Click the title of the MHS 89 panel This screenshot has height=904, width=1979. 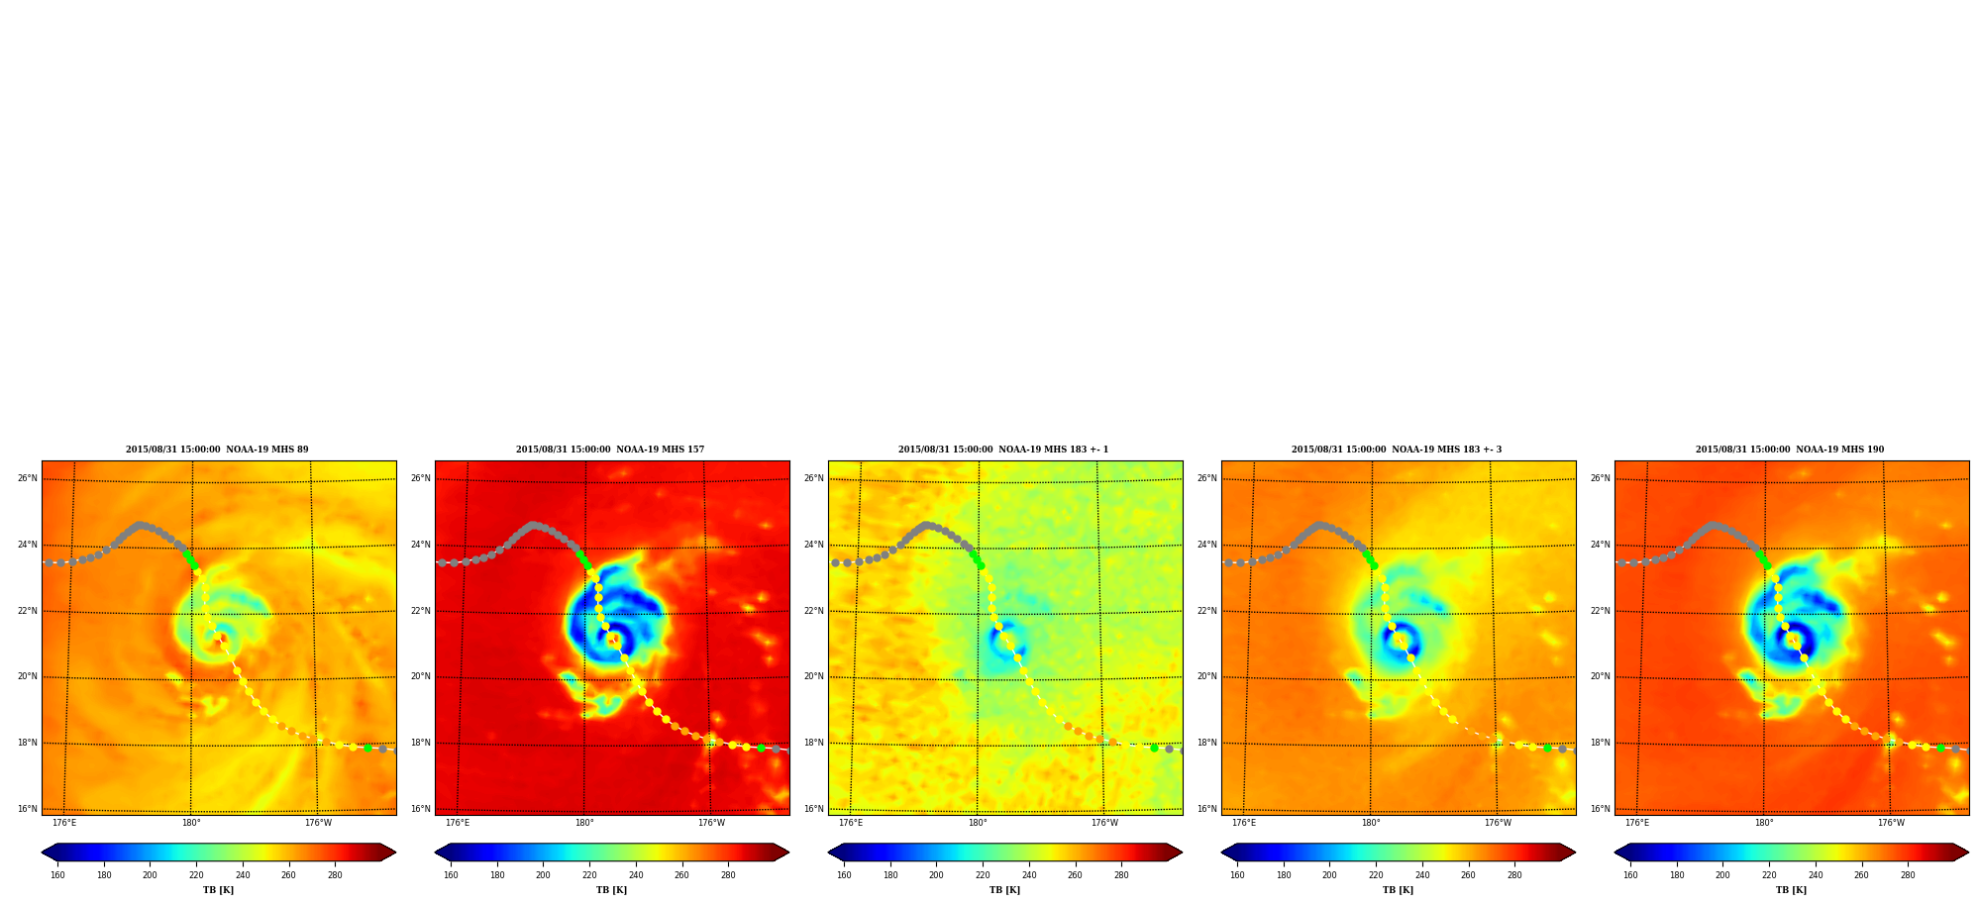click(217, 450)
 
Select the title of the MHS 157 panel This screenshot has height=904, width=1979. click(610, 450)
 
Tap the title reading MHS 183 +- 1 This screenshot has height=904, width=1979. click(1003, 450)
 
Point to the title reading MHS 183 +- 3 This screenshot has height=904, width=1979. click(1397, 450)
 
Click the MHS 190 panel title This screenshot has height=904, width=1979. click(1790, 450)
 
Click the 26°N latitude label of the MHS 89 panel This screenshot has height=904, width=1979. click(28, 478)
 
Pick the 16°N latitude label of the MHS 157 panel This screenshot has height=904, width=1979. click(421, 809)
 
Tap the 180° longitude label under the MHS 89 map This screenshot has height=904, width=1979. click(191, 823)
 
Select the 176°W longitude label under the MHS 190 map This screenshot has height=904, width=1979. click(1891, 823)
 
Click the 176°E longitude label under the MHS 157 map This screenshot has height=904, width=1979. click(458, 823)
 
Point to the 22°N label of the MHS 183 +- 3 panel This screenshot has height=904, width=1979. click(1207, 611)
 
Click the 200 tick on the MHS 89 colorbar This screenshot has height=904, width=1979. click(150, 875)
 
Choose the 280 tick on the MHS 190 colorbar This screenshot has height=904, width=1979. click(1908, 875)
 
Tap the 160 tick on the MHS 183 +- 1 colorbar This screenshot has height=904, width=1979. click(844, 875)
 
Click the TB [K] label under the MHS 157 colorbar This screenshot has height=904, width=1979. click(611, 890)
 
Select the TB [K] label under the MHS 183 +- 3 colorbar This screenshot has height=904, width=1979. click(1398, 890)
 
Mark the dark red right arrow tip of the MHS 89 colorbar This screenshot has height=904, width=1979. click(395, 853)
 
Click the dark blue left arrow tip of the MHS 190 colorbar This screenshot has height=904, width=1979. click(1615, 853)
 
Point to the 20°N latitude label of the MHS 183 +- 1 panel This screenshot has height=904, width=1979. click(814, 677)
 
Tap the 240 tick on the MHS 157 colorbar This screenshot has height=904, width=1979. click(636, 875)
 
